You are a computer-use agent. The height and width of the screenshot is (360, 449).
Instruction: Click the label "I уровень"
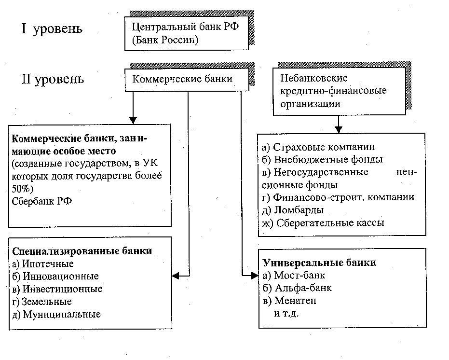(51, 29)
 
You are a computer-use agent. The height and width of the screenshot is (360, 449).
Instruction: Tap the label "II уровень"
(52, 78)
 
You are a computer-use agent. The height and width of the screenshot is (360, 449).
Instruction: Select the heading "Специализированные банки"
(82, 251)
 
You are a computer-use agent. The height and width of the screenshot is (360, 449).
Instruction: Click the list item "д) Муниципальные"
(56, 314)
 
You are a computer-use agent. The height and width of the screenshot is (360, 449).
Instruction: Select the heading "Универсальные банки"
(319, 263)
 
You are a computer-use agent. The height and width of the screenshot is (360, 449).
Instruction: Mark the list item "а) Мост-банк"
(294, 276)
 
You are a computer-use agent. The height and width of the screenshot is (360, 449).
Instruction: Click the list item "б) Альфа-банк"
(298, 288)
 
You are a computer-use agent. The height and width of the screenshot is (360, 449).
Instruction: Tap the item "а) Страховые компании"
(319, 147)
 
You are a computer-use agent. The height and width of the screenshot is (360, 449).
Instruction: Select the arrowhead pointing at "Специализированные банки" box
(176, 276)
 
